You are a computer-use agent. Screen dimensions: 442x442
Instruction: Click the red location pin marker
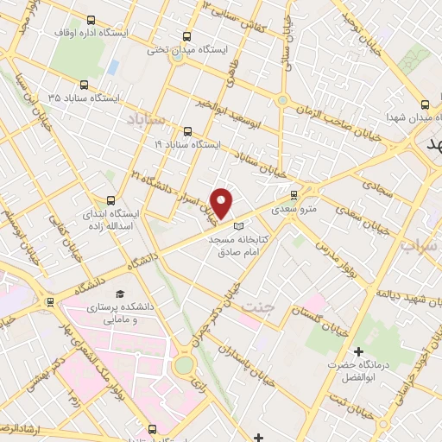(222, 203)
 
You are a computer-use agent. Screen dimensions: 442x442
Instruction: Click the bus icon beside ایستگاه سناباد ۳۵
(84, 85)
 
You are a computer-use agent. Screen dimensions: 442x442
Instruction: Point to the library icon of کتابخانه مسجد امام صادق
(239, 226)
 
